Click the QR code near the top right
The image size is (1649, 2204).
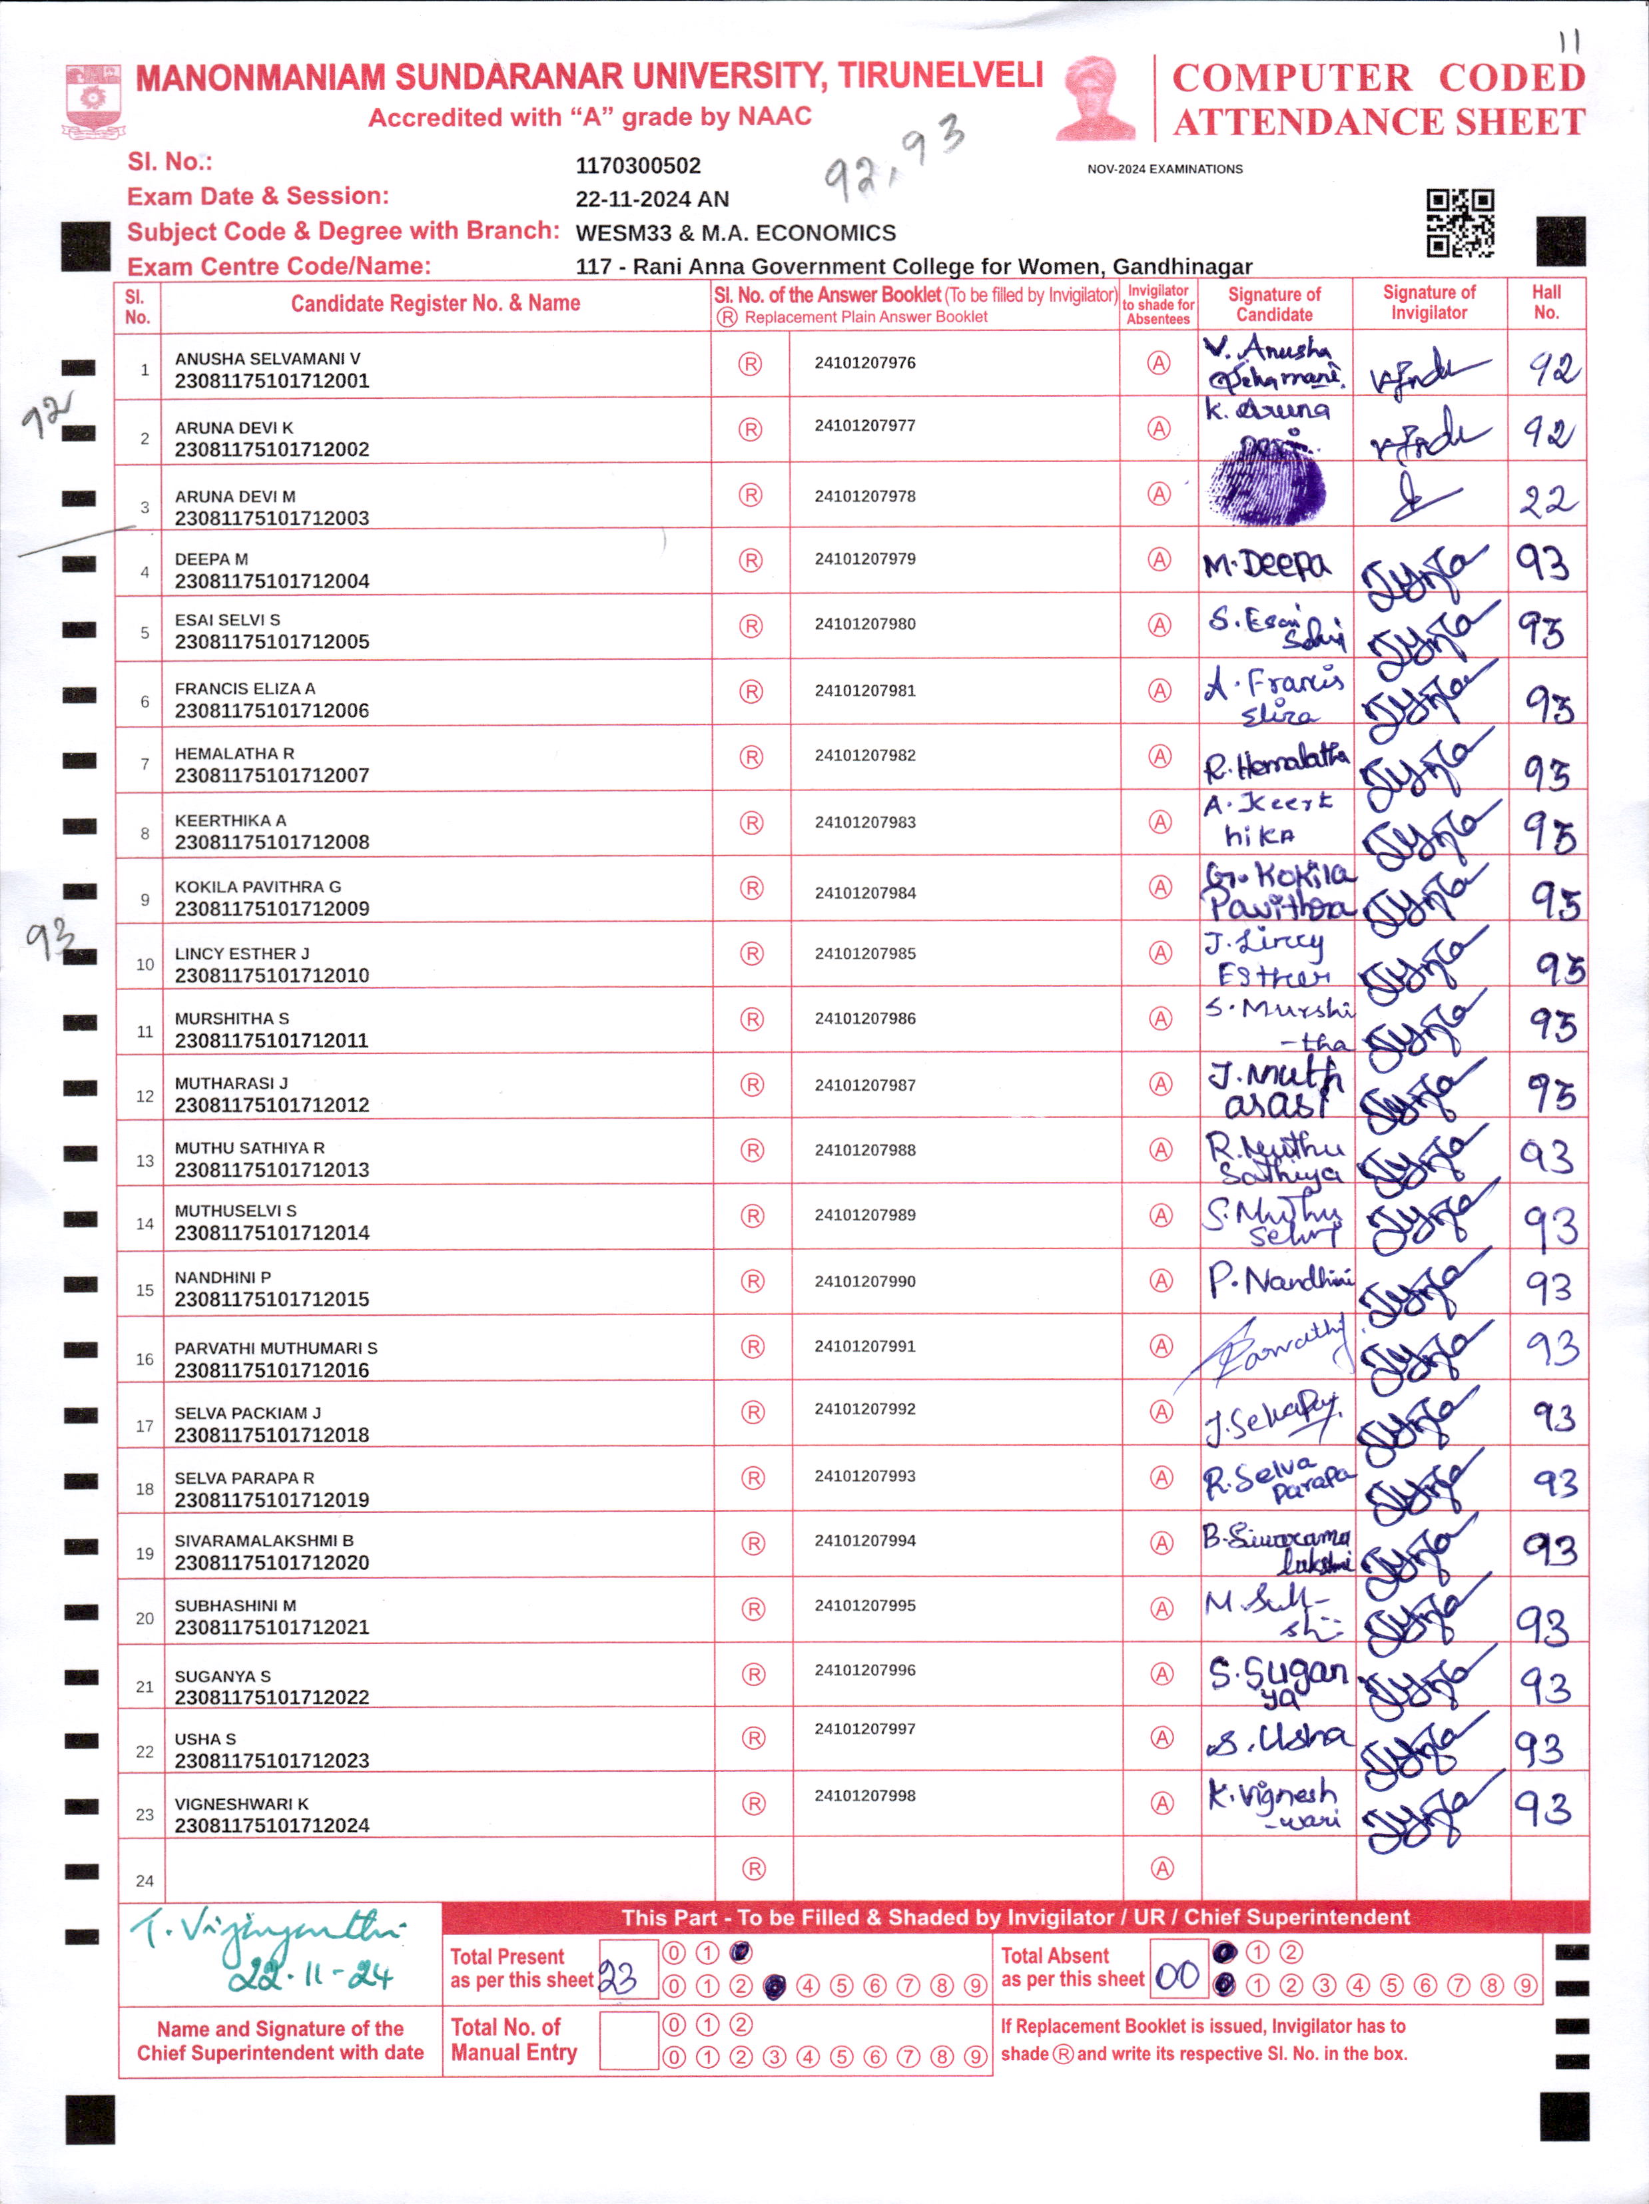click(x=1460, y=223)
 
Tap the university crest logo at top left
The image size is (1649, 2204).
click(x=94, y=101)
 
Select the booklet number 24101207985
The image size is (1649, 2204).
click(x=865, y=954)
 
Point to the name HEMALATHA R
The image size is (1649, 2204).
click(x=234, y=753)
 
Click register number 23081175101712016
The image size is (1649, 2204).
click(x=271, y=1370)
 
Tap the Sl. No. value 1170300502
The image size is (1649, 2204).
click(x=637, y=165)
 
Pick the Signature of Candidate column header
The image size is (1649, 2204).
click(x=1273, y=304)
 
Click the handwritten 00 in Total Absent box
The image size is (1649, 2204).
click(x=1177, y=1974)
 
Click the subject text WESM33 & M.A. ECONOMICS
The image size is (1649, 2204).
click(x=735, y=233)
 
